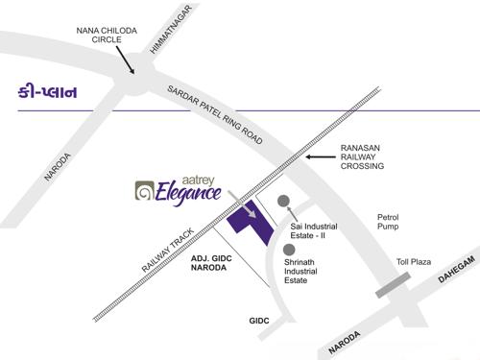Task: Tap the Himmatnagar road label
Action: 172,29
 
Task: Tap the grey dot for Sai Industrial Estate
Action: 283,201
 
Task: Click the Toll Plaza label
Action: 415,262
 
